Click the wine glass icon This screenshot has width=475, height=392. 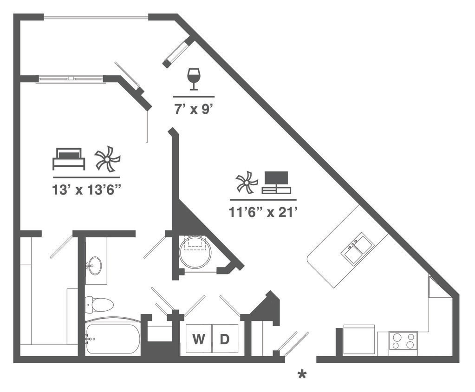[194, 79]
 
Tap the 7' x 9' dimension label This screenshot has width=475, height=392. [194, 110]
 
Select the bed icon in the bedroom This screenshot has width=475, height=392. [69, 159]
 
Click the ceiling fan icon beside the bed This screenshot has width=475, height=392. [107, 159]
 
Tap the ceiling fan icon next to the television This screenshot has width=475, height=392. [247, 182]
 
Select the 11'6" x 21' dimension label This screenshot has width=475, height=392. [263, 212]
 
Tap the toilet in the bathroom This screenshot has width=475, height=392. [99, 305]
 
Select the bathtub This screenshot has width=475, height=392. [112, 338]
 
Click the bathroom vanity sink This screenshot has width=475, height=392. [95, 266]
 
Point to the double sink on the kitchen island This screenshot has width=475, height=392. [357, 249]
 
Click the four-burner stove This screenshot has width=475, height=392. [403, 343]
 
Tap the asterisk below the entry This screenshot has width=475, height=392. [302, 374]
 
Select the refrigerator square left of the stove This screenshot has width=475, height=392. [359, 340]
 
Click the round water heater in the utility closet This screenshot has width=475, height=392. [195, 253]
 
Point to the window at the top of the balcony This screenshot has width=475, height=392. [96, 18]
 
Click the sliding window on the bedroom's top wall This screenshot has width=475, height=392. [71, 79]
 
